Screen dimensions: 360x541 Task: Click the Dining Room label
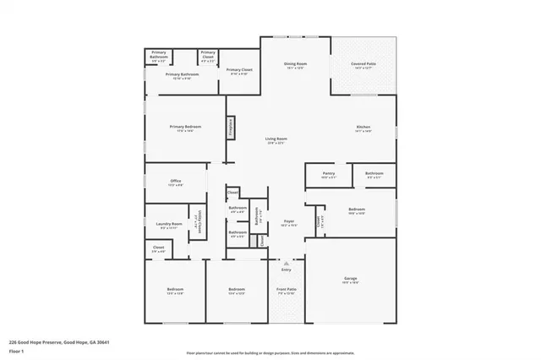click(295, 63)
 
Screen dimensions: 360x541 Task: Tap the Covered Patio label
click(363, 63)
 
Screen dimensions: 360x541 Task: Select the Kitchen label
click(363, 128)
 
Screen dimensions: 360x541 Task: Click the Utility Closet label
click(197, 222)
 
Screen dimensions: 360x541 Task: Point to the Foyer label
click(288, 221)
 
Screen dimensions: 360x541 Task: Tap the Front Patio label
click(287, 290)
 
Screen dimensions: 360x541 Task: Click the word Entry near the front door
click(286, 270)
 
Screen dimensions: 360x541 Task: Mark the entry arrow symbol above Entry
click(286, 264)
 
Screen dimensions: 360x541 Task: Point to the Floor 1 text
click(17, 350)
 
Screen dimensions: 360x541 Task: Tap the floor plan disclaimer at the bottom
click(270, 352)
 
